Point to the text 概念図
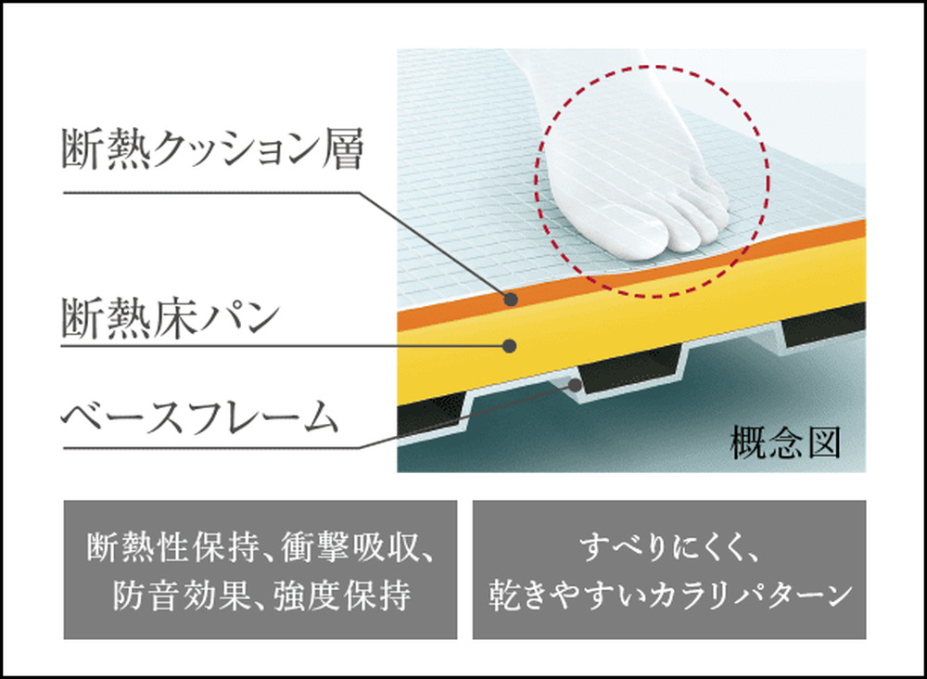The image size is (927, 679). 785,443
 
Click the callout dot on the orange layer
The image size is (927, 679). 509,299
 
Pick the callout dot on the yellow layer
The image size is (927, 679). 509,346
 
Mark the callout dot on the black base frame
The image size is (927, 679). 577,382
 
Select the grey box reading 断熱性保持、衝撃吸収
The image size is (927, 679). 260,570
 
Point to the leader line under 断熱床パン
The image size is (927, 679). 278,346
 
